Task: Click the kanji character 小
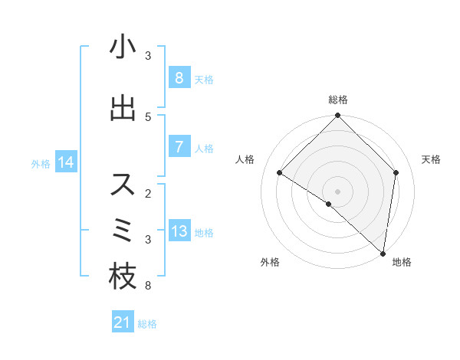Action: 123,47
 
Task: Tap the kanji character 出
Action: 123,109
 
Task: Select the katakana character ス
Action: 123,185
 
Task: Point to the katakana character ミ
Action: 123,231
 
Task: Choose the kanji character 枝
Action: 123,277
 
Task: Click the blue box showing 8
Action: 179,77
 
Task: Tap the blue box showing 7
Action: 179,146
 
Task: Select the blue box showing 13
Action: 179,231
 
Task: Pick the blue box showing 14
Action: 66,162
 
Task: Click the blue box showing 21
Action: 123,323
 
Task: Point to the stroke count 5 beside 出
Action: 148,117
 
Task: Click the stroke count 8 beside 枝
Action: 148,286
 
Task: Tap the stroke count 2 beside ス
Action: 148,194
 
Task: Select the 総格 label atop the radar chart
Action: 338,100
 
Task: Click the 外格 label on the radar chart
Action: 270,263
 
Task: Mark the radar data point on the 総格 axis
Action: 338,116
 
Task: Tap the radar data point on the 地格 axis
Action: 383,253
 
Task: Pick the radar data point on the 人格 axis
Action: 280,172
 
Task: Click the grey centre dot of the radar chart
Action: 338,191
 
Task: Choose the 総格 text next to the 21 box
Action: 147,324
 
